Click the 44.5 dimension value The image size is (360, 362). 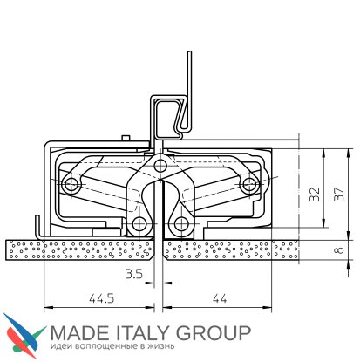pos(101,298)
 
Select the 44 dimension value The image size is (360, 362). pos(220,298)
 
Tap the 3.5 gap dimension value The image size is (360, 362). pos(134,274)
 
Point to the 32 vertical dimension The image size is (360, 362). pos(315,195)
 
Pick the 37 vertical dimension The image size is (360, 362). pos(339,194)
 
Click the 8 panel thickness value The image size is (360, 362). pos(339,249)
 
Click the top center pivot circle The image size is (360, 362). pos(160,166)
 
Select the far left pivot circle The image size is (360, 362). pos(71,184)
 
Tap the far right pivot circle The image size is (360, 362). pos(249,184)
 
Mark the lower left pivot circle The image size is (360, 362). pos(139,223)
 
